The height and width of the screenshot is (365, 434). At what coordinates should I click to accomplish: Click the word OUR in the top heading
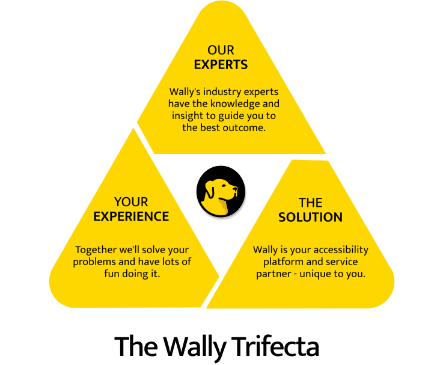[221, 50]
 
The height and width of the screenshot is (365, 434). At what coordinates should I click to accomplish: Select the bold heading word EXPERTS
[221, 64]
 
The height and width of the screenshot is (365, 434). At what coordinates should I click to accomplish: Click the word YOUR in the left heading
[131, 202]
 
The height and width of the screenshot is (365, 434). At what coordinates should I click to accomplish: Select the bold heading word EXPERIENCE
[131, 216]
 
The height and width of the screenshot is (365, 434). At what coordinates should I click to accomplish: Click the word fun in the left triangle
[108, 274]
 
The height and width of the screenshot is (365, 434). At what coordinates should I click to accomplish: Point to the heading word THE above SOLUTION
[310, 203]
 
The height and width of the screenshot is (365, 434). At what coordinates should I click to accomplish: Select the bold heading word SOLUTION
[310, 216]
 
